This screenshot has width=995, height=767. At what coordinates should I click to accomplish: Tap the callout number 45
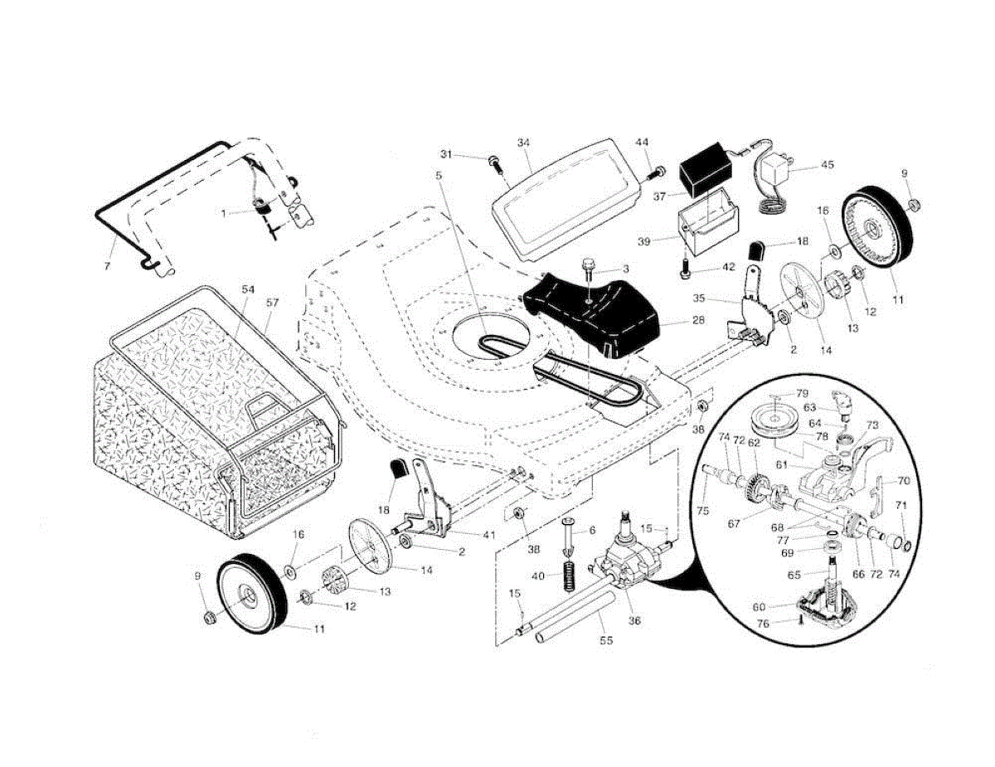point(827,164)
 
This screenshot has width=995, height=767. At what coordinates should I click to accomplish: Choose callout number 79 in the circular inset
point(802,393)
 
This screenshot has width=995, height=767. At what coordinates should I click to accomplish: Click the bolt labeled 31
point(495,162)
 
